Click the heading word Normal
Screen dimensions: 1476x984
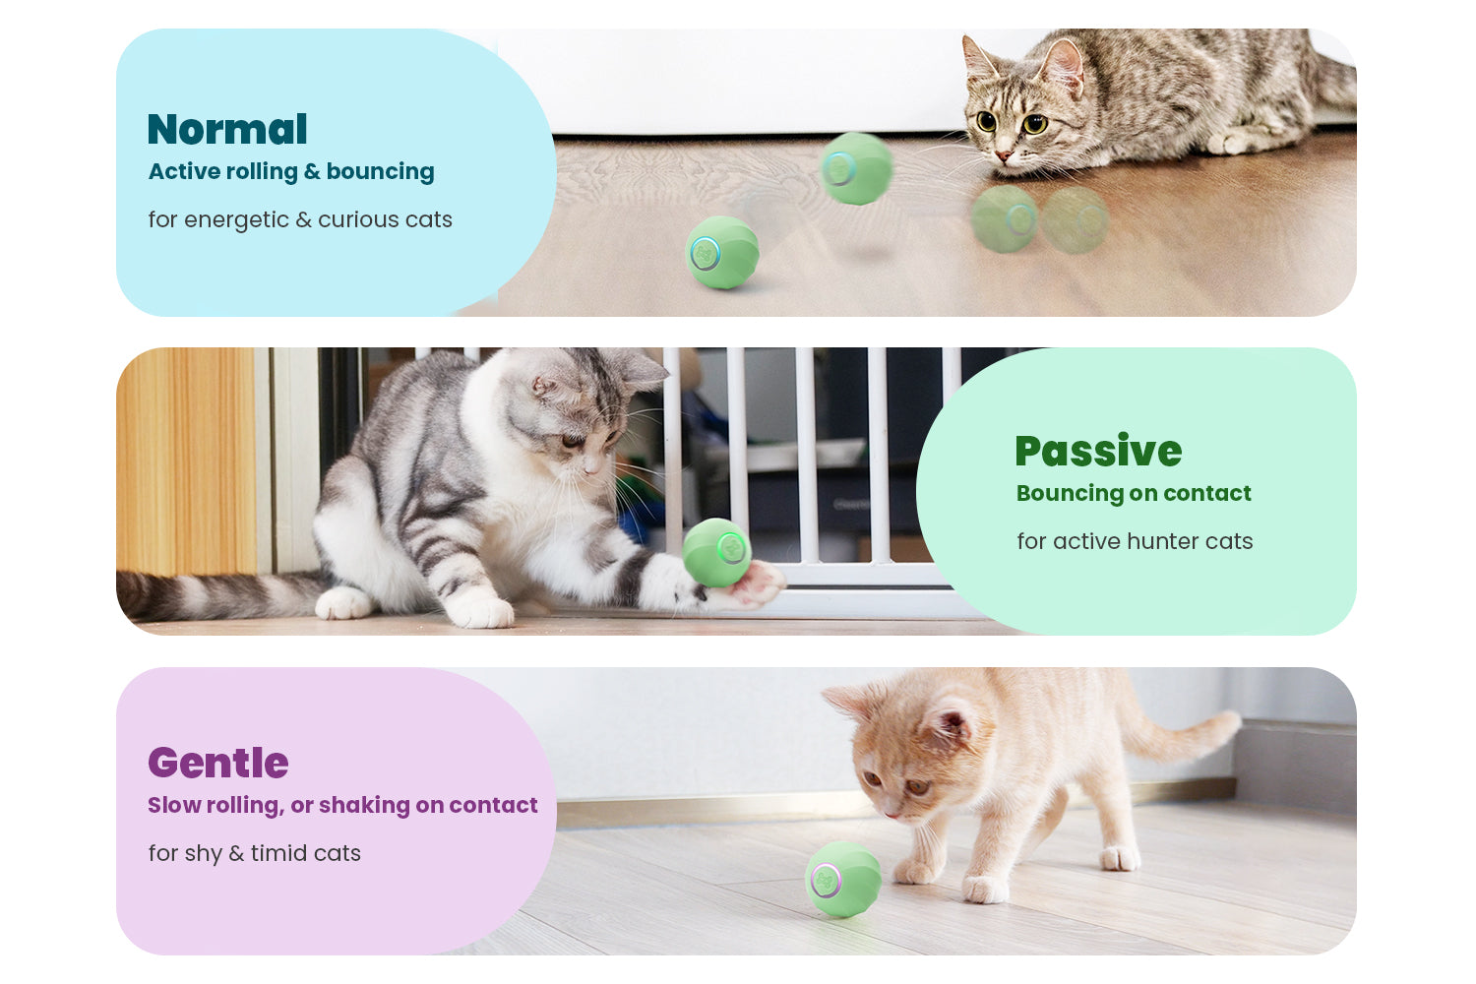[227, 129]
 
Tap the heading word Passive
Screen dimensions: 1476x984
[1098, 452]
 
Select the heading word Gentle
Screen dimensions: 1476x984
[218, 764]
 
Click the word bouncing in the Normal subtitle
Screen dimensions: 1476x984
[380, 171]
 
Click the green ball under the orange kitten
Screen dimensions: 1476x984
[842, 880]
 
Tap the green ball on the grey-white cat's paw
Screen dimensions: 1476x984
[716, 552]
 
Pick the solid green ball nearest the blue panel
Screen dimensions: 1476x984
[722, 253]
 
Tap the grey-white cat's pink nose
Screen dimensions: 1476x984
[591, 470]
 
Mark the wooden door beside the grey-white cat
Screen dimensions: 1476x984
[187, 461]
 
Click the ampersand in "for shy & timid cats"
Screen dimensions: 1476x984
[236, 853]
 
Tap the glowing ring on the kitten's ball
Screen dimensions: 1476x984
[825, 881]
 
